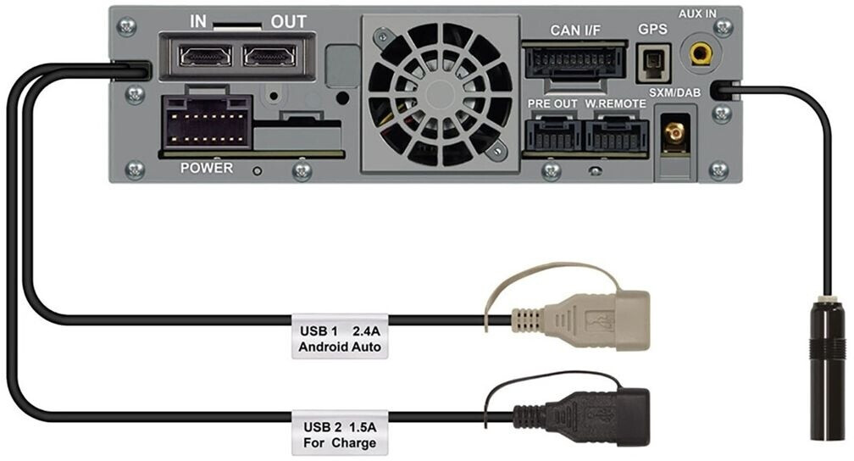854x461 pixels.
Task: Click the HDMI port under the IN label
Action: coord(205,56)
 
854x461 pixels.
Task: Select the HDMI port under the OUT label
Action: coord(270,56)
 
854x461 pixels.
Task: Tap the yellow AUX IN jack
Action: coord(701,53)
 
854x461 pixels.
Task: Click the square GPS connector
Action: coord(652,64)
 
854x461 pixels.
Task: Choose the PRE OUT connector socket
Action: coord(552,134)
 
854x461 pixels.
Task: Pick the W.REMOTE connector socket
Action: coord(617,134)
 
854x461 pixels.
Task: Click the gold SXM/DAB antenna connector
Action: coord(675,132)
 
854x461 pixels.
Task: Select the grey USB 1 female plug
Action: coord(580,320)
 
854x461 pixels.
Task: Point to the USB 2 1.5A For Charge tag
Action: coord(340,433)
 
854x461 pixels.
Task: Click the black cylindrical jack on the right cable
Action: coord(827,368)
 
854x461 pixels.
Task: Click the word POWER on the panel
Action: coord(207,168)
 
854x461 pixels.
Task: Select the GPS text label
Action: coord(652,29)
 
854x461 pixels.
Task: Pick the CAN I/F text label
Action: coord(575,30)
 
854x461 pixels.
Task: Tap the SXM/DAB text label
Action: coord(674,92)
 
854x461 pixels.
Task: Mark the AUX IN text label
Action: coord(697,14)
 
